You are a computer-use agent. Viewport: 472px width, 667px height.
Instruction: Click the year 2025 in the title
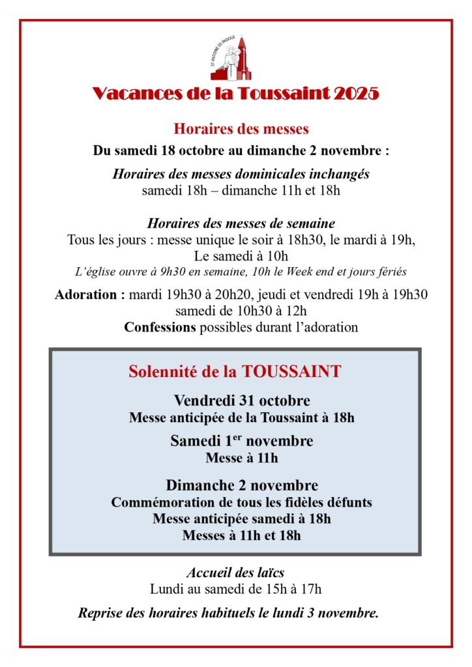tap(356, 94)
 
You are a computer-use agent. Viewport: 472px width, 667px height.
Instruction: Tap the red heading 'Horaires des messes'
tap(241, 128)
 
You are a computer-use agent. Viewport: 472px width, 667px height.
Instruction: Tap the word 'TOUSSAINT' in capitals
tap(291, 371)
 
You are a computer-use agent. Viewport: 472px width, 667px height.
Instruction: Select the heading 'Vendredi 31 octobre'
tap(241, 400)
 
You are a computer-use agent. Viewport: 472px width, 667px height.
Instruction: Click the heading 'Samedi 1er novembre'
tap(241, 441)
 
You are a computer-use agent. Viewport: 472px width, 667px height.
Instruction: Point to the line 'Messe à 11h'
tap(241, 458)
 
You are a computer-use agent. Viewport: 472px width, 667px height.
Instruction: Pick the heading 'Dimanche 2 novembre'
tap(241, 485)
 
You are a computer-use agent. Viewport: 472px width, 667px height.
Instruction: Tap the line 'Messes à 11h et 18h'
tap(241, 536)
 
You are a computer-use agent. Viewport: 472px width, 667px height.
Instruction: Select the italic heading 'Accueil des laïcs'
tap(235, 573)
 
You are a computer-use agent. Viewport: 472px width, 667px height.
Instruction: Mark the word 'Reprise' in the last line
tap(102, 613)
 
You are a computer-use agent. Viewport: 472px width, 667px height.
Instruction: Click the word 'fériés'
tap(392, 270)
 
